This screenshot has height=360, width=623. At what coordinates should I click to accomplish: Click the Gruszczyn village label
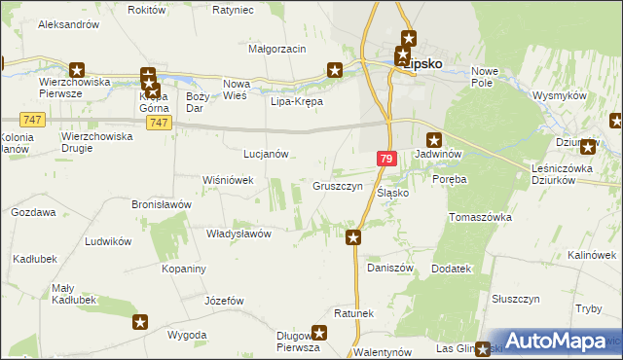pyautogui.click(x=338, y=186)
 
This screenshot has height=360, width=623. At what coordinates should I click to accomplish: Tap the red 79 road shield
pyautogui.click(x=387, y=159)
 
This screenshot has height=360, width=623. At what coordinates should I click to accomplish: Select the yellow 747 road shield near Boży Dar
pyautogui.click(x=162, y=123)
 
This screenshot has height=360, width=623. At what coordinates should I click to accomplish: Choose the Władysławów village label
pyautogui.click(x=238, y=234)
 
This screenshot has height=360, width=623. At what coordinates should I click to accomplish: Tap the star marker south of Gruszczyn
pyautogui.click(x=354, y=236)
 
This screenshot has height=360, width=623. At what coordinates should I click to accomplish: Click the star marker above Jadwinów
pyautogui.click(x=434, y=139)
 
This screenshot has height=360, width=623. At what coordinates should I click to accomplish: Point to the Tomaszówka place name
pyautogui.click(x=480, y=217)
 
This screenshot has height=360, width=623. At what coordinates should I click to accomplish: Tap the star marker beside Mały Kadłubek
pyautogui.click(x=141, y=322)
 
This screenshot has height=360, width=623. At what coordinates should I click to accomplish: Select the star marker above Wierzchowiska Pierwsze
pyautogui.click(x=78, y=70)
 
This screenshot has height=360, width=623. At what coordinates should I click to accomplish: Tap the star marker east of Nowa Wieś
pyautogui.click(x=335, y=70)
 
